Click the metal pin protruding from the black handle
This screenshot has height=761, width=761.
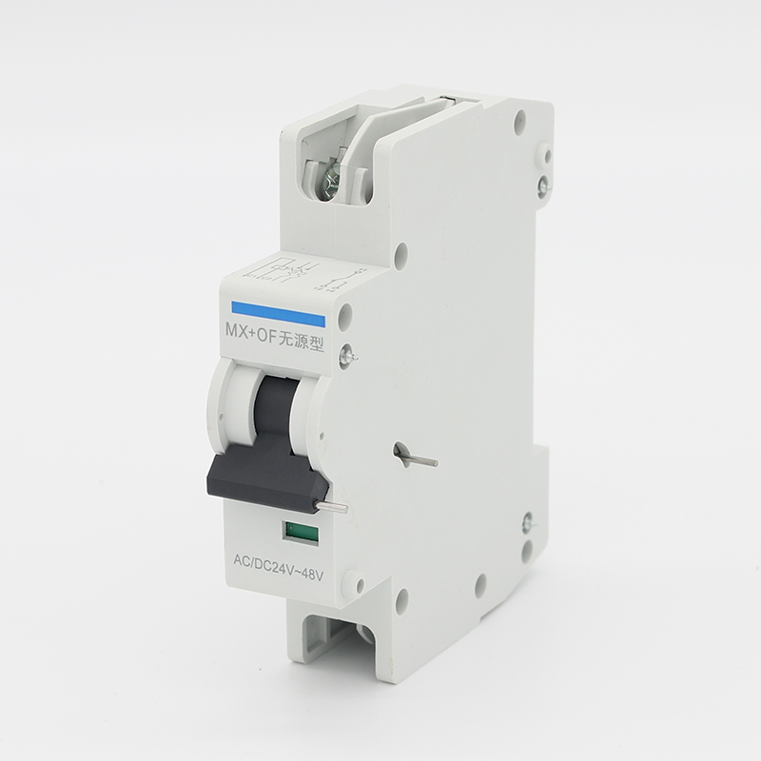(x=331, y=507)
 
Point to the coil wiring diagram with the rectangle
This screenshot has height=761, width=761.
(x=282, y=270)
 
